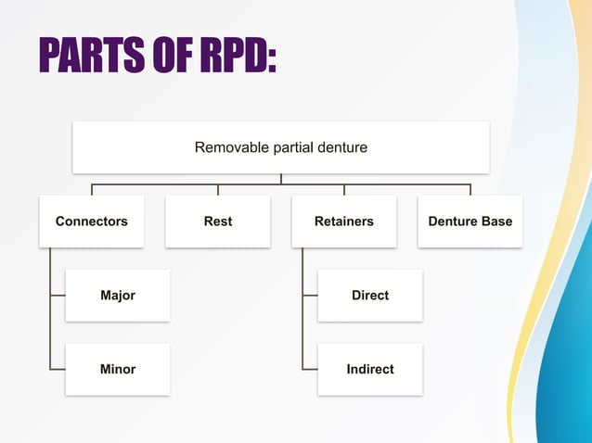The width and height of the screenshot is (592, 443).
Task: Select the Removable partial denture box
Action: point(280,147)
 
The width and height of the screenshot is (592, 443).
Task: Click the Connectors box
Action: point(92,221)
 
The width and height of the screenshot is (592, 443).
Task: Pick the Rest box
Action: point(218,221)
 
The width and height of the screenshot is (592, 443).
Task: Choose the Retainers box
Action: point(344,221)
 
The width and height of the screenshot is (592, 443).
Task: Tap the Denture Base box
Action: point(470,221)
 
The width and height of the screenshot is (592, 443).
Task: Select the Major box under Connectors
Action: point(118,296)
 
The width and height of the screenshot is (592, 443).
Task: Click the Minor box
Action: point(118,369)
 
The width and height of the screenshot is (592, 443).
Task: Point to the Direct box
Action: point(370,296)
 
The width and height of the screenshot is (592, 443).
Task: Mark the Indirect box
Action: point(370,369)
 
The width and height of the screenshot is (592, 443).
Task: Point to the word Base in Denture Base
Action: point(495,221)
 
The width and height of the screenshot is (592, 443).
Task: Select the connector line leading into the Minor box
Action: point(58,369)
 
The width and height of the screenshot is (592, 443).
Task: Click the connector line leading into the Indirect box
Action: point(310,369)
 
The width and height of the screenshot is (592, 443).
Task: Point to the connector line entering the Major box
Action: point(58,296)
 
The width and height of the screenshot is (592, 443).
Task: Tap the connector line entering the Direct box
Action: point(310,296)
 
